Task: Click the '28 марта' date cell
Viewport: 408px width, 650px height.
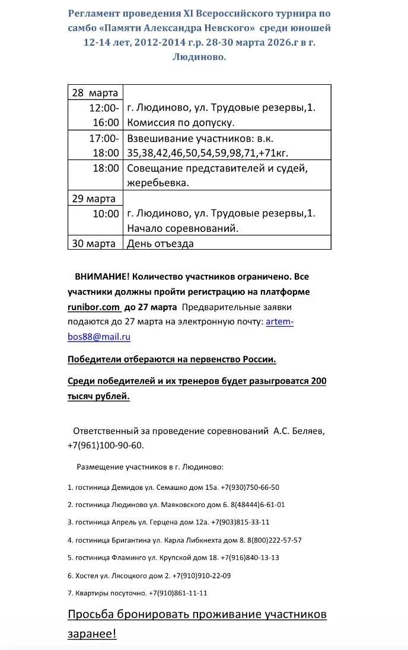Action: tap(94, 93)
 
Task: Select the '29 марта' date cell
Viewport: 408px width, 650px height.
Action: tap(94, 198)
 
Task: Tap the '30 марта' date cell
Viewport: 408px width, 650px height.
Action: tap(94, 243)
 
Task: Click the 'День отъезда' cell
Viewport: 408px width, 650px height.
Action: tap(160, 243)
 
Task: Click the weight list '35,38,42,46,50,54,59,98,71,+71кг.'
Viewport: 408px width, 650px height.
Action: tap(208, 153)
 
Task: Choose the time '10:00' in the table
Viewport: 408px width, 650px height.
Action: tap(106, 214)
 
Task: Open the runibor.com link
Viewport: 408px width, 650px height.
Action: tap(94, 307)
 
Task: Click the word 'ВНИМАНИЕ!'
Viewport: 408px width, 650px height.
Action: tap(101, 277)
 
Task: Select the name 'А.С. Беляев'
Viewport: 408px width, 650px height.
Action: tap(299, 431)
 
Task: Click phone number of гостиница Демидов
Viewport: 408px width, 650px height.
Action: tap(250, 487)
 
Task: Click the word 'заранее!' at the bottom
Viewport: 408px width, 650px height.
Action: tap(92, 633)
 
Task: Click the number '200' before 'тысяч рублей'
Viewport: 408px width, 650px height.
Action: tap(318, 381)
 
